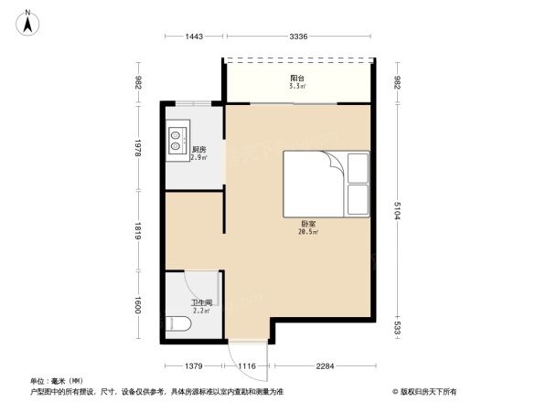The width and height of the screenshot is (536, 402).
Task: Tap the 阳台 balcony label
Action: point(297,78)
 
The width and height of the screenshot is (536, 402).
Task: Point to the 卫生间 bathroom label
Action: point(201,302)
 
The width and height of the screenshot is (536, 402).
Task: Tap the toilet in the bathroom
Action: point(178,323)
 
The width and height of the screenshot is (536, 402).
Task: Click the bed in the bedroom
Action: point(324,183)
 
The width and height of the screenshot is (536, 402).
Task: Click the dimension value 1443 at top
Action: point(193,36)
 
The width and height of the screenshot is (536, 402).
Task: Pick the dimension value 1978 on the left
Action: point(137,149)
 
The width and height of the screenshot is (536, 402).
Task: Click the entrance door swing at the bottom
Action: point(245,352)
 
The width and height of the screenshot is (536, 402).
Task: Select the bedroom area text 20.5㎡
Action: point(308,232)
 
